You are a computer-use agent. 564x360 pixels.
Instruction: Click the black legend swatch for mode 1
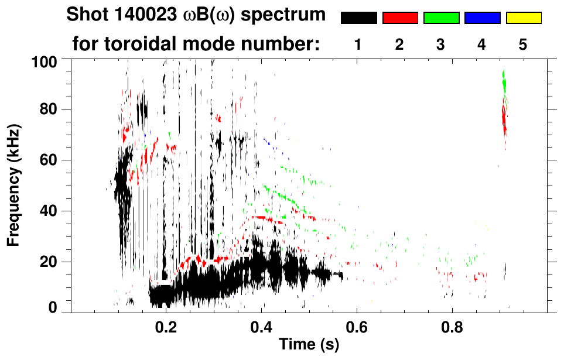point(358,18)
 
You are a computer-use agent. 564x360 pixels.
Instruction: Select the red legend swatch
point(400,18)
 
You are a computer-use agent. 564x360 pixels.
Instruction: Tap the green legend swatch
point(441,18)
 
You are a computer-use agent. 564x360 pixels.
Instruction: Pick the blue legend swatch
point(482,18)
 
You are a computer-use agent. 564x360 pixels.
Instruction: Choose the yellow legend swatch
point(524,18)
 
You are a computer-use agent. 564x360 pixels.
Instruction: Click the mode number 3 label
point(441,44)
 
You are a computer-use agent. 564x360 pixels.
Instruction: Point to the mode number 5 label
point(523,44)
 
